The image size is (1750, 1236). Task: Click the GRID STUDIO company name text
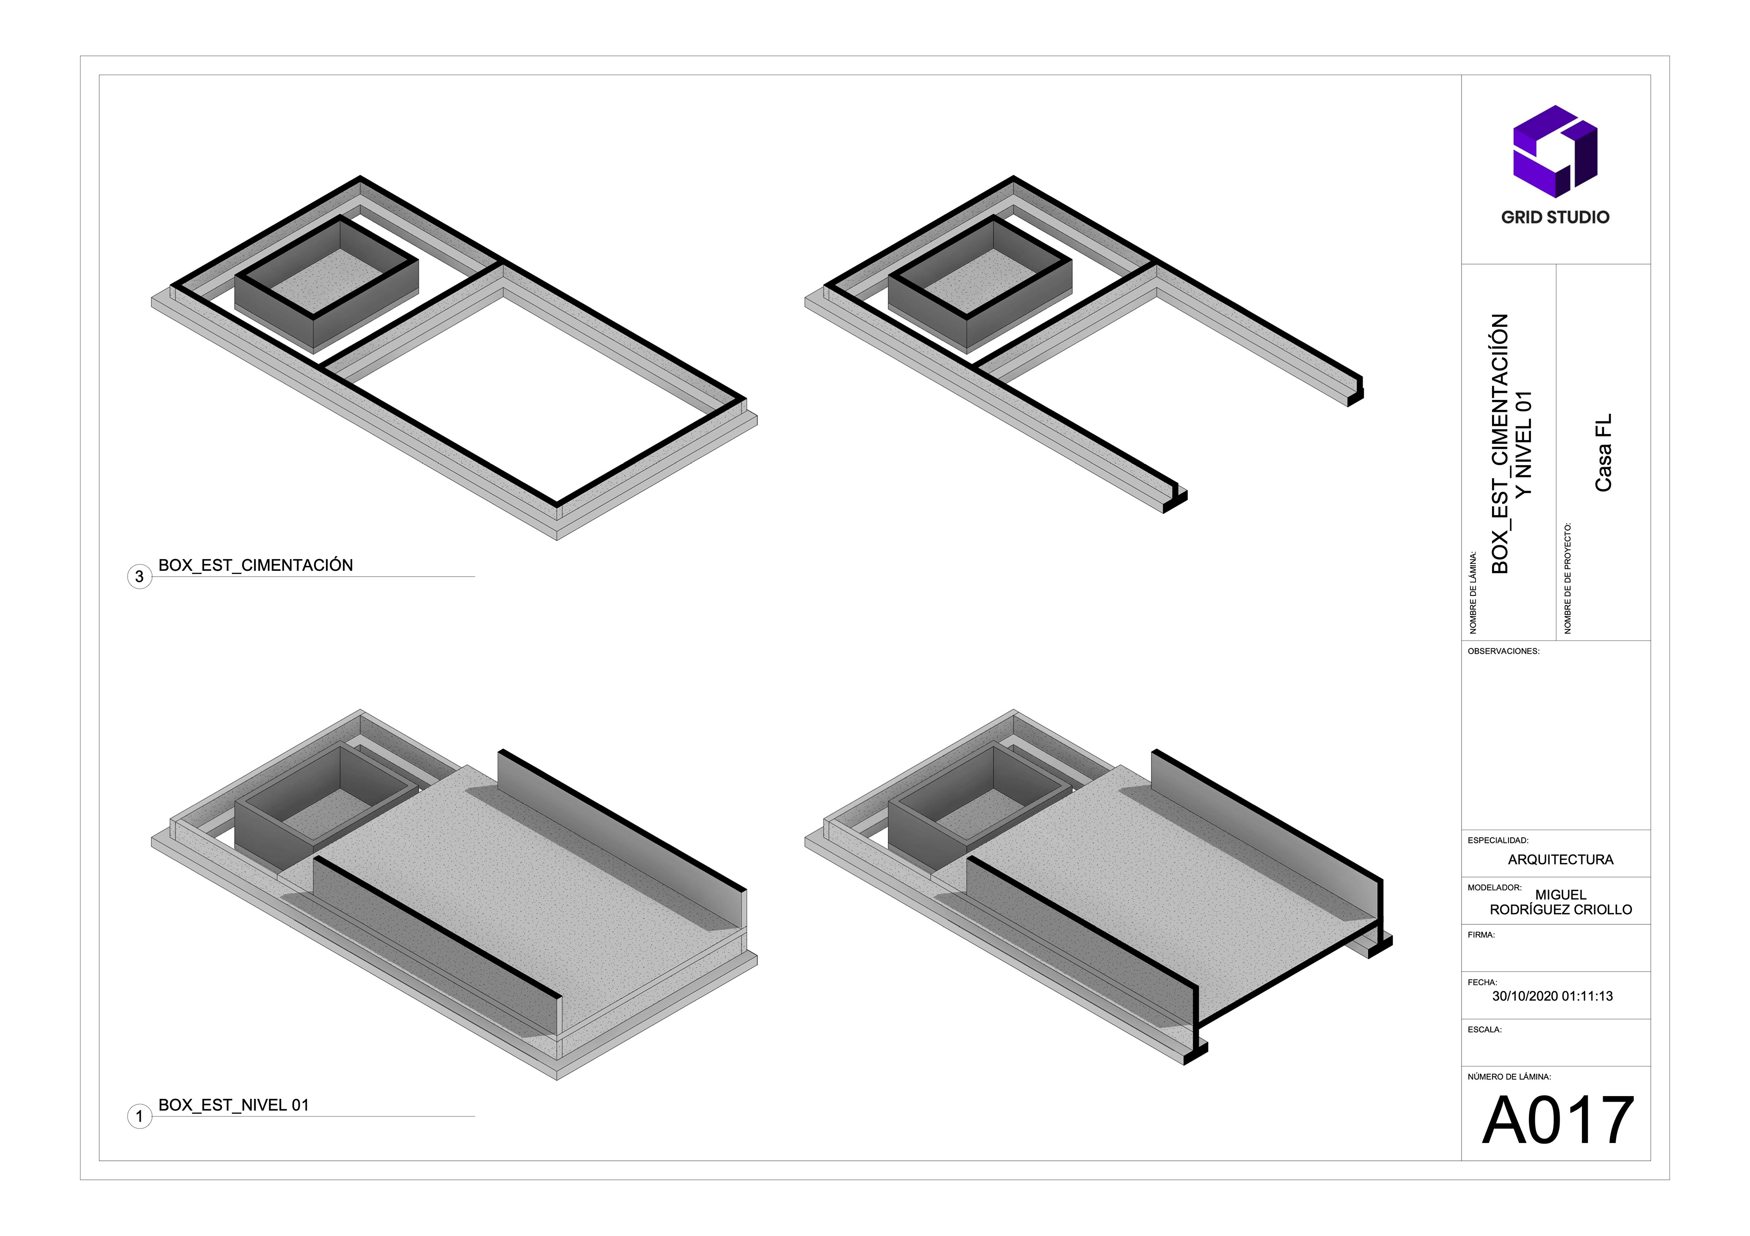coord(1555,217)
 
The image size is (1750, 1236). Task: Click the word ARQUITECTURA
coord(1560,860)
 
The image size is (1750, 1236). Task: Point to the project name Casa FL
coord(1604,453)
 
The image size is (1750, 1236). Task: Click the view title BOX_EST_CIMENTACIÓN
coord(255,565)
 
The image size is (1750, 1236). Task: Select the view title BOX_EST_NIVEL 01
coord(233,1105)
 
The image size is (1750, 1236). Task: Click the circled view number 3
coord(139,577)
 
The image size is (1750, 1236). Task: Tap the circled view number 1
coord(139,1117)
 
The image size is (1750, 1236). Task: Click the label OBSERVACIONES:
coord(1503,651)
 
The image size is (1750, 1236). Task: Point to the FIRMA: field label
coord(1481,935)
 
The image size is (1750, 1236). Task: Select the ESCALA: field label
coord(1484,1030)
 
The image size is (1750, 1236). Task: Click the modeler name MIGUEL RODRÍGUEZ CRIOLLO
coord(1560,902)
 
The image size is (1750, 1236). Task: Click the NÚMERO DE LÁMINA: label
coord(1509,1077)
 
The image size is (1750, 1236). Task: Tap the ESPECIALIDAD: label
coord(1498,841)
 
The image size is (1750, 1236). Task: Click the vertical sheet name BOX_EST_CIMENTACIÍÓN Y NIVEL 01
coord(1511,443)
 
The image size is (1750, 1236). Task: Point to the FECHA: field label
coord(1482,982)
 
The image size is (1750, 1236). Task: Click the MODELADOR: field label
coord(1494,888)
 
